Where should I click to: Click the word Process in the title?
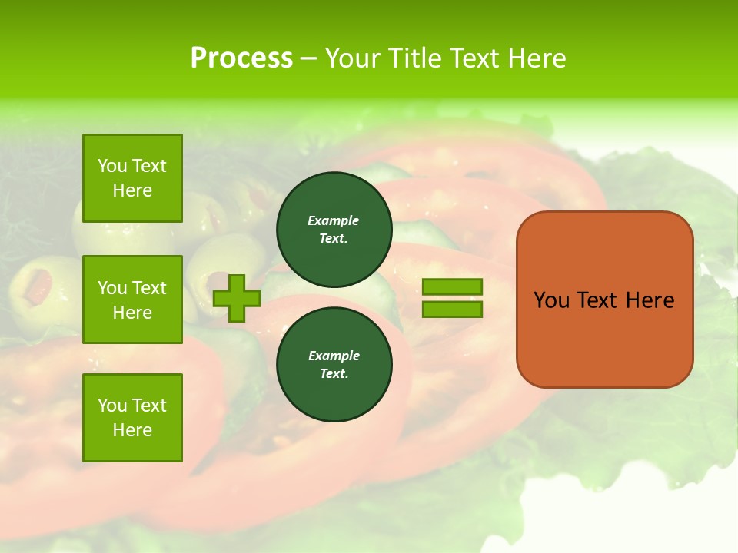[x=241, y=58]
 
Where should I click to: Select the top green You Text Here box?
[x=132, y=178]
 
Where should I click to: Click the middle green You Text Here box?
[x=132, y=300]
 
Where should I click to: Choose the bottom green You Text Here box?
[x=132, y=417]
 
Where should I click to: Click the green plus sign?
[x=236, y=299]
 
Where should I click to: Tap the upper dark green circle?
[x=334, y=230]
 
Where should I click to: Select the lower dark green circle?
[x=334, y=364]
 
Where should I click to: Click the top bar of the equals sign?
[x=452, y=287]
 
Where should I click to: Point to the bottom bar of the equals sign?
[x=452, y=309]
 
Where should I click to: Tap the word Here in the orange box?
[x=650, y=300]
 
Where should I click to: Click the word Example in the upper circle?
[x=334, y=220]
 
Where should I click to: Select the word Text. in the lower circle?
[x=334, y=373]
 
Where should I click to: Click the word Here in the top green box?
[x=132, y=190]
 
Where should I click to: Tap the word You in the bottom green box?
[x=112, y=405]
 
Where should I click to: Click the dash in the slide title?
[x=309, y=58]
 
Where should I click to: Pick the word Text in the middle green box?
[x=148, y=288]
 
